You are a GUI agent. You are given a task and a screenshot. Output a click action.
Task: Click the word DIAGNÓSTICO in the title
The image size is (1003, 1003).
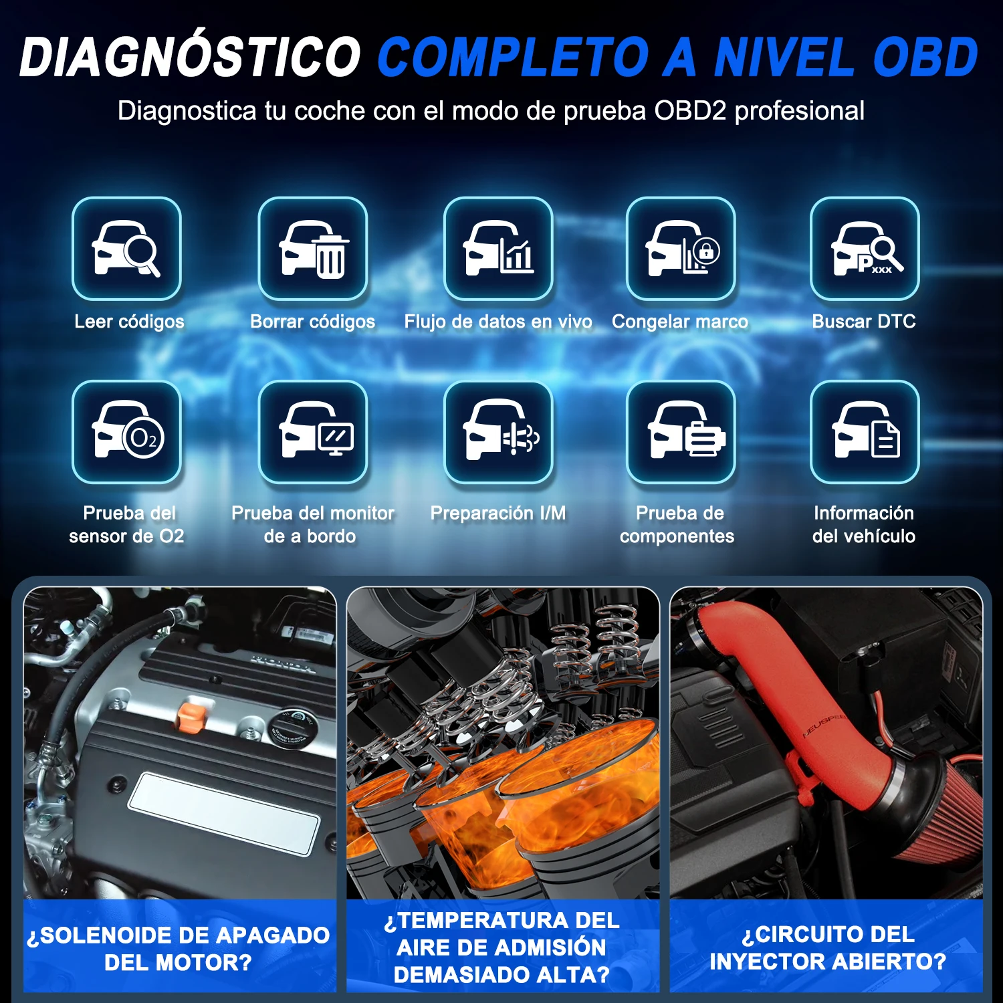pos(191,58)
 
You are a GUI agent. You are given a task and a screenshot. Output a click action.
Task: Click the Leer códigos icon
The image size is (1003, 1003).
pos(126,249)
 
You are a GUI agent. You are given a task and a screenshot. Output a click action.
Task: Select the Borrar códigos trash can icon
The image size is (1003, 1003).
pos(313,249)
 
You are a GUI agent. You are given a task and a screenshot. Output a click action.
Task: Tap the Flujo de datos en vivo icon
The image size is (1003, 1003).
pos(498,249)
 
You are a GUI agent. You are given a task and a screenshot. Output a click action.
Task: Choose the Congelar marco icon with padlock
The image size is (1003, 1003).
pos(681,249)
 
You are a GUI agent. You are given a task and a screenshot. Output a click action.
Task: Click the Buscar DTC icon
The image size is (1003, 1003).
pos(865,249)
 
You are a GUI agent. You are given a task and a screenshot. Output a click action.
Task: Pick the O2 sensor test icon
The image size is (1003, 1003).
pos(126,432)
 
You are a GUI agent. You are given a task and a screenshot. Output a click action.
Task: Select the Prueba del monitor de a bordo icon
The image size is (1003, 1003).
pos(313,432)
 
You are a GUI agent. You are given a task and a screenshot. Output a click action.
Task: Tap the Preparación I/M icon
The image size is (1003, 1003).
pos(498,432)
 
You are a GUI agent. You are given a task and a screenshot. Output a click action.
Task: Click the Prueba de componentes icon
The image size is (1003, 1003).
pos(681,432)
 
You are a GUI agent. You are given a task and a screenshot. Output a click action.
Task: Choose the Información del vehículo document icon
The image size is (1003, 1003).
pos(865,432)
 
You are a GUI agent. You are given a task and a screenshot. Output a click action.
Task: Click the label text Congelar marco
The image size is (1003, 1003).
pos(680,322)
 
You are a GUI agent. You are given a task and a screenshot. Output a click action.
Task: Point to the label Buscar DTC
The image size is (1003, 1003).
pos(864,322)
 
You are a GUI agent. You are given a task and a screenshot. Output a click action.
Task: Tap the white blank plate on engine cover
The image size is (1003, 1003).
pos(224,813)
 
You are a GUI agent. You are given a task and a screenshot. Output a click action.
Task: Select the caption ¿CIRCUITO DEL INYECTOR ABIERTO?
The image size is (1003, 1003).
pos(828,948)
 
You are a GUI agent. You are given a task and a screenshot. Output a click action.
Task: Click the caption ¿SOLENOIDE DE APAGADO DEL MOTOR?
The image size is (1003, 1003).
pos(179,949)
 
